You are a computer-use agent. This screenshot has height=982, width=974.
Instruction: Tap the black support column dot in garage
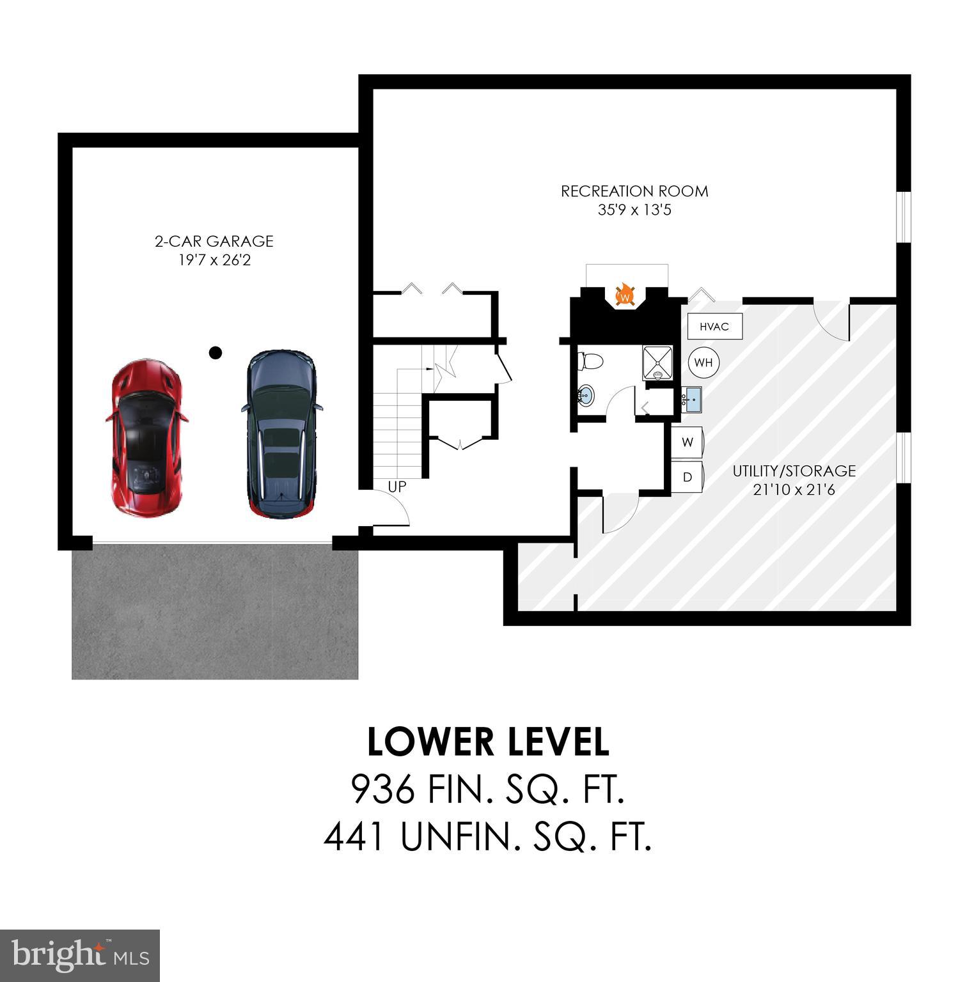(216, 352)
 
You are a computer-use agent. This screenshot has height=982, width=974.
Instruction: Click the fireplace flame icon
(625, 296)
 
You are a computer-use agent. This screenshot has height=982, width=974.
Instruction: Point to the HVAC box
(714, 327)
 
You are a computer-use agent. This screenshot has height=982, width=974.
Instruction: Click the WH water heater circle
(703, 362)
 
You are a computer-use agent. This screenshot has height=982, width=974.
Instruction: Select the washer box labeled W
(687, 442)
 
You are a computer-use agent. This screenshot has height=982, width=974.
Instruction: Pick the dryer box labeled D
(687, 477)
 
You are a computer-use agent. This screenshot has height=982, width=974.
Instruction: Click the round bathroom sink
(585, 396)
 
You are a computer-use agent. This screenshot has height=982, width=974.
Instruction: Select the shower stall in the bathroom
(658, 362)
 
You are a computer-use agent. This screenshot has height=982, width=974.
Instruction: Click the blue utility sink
(692, 399)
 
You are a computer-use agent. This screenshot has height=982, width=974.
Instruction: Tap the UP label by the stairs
(397, 487)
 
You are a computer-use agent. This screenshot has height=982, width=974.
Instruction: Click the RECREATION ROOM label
(634, 191)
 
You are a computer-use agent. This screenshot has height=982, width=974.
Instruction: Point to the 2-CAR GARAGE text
(214, 241)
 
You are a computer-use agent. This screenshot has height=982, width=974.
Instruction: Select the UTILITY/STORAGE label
(794, 471)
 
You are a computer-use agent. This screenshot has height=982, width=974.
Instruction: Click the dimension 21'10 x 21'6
(794, 490)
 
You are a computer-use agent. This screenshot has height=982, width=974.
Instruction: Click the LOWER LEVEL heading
(488, 742)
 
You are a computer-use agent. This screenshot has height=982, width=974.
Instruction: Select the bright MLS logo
(79, 956)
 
